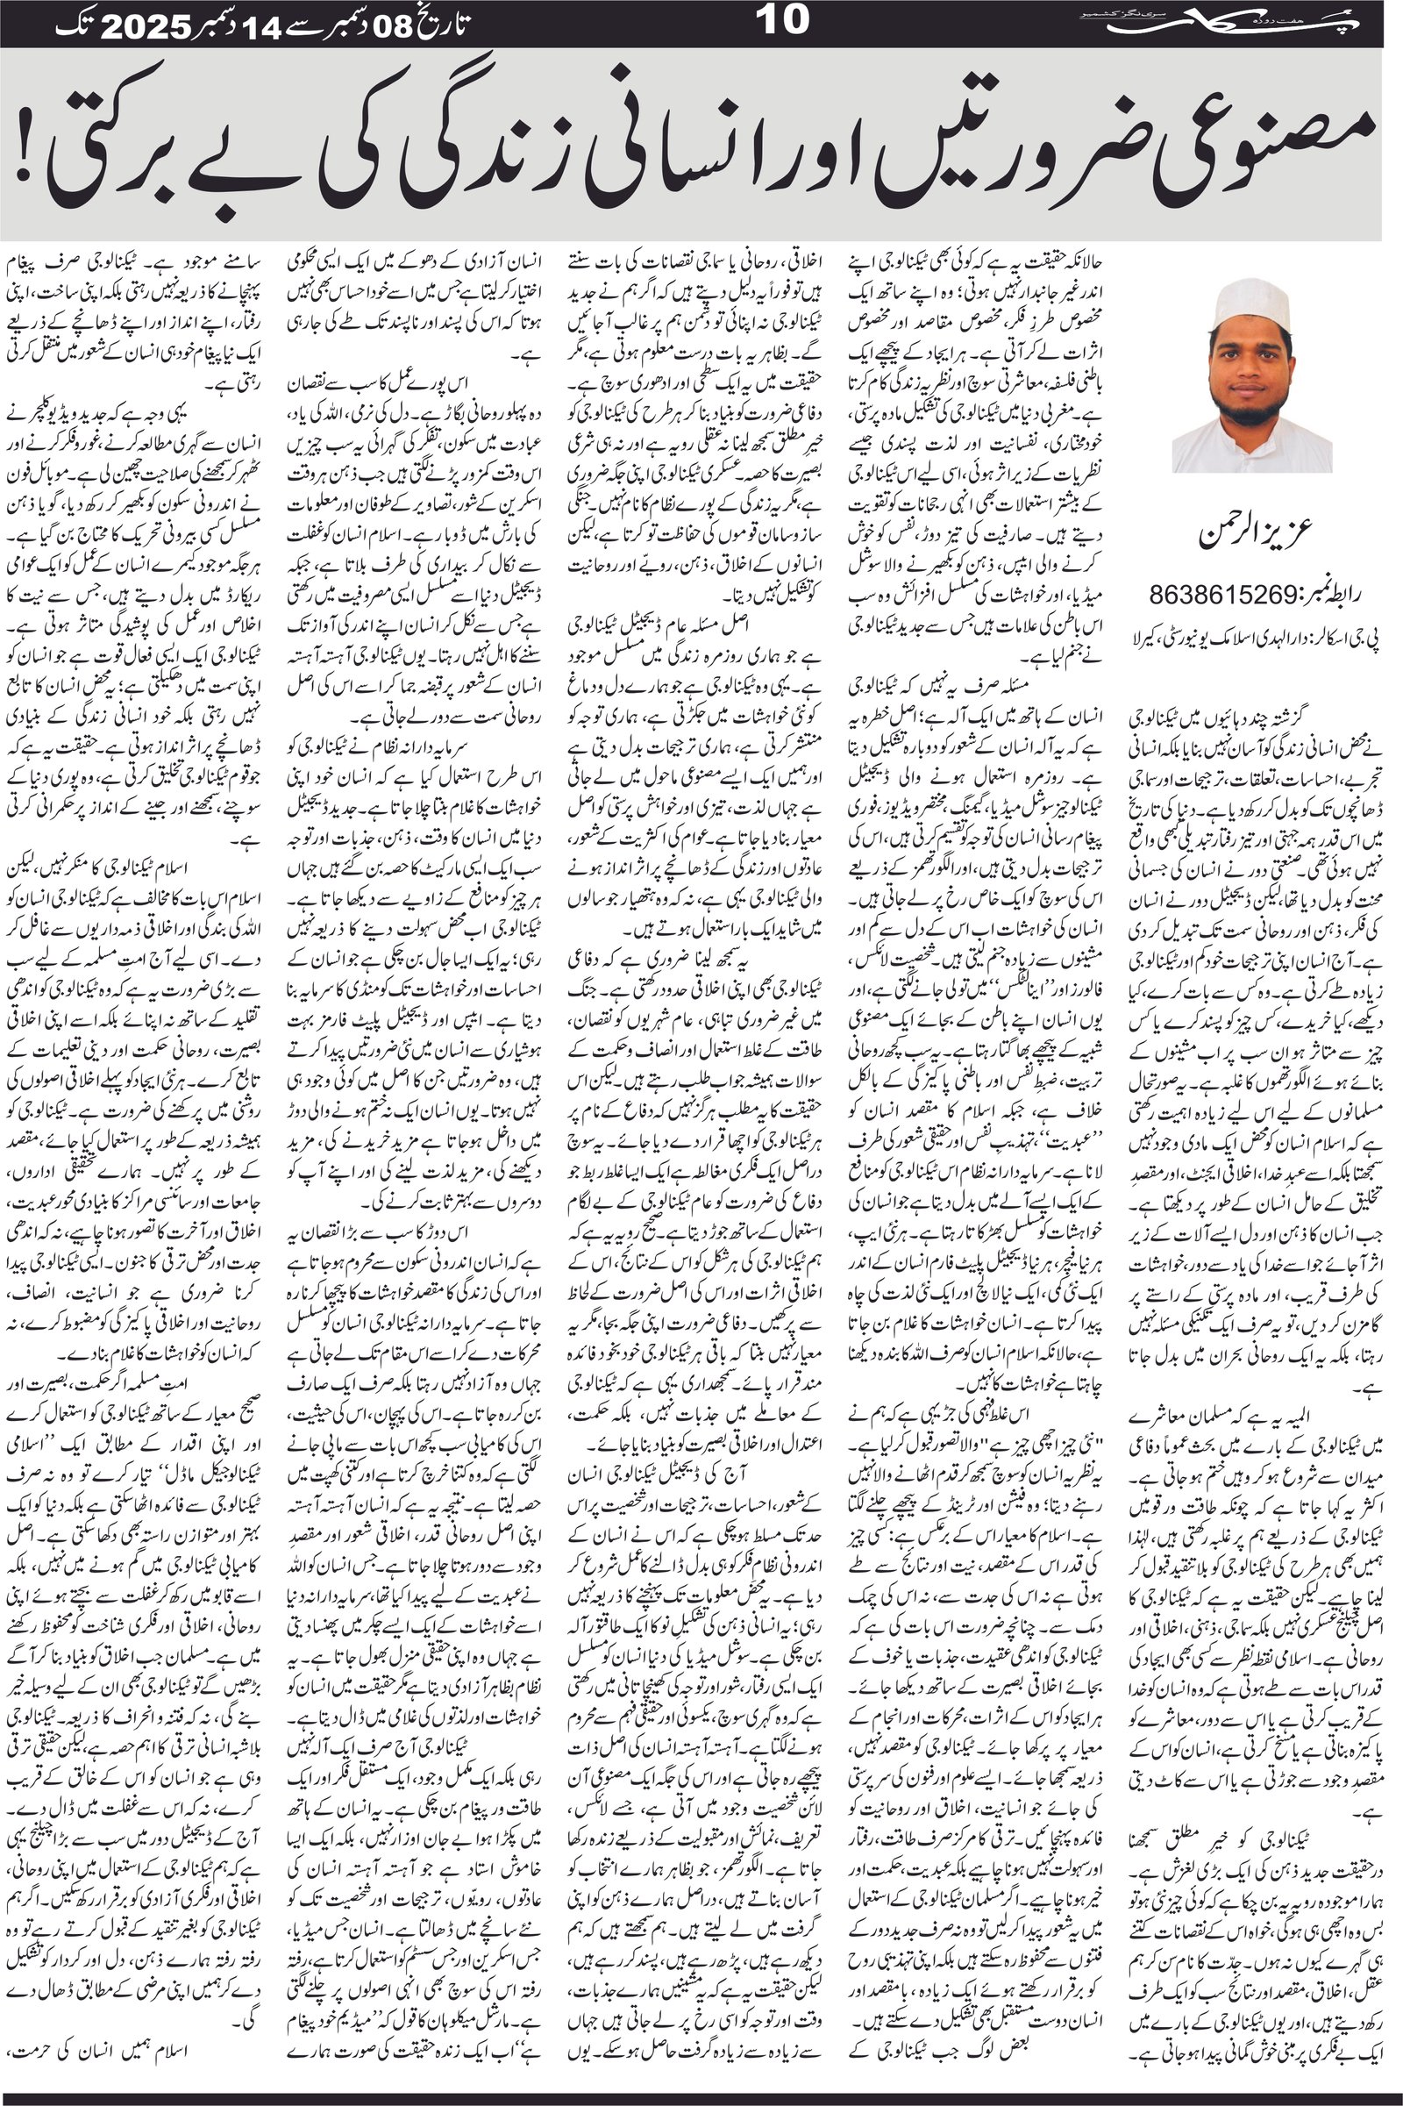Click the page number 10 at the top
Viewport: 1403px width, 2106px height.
pyautogui.click(x=782, y=21)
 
